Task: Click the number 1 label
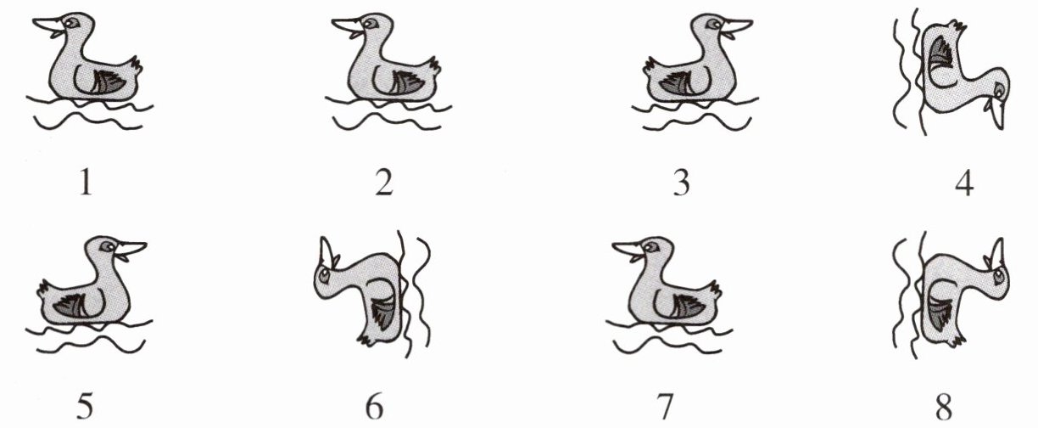[x=86, y=182]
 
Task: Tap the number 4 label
[x=964, y=182]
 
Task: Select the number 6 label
[x=375, y=406]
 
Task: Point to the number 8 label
[x=944, y=406]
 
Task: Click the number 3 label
[x=681, y=182]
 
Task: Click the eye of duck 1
[x=70, y=22]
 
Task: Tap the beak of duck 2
[x=349, y=27]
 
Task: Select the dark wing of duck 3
[x=677, y=82]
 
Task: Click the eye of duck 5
[x=108, y=246]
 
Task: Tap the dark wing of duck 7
[x=690, y=307]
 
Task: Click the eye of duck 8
[x=997, y=277]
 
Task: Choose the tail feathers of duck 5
[x=44, y=290]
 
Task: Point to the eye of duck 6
[x=323, y=278]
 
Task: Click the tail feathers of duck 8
[x=956, y=341]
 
